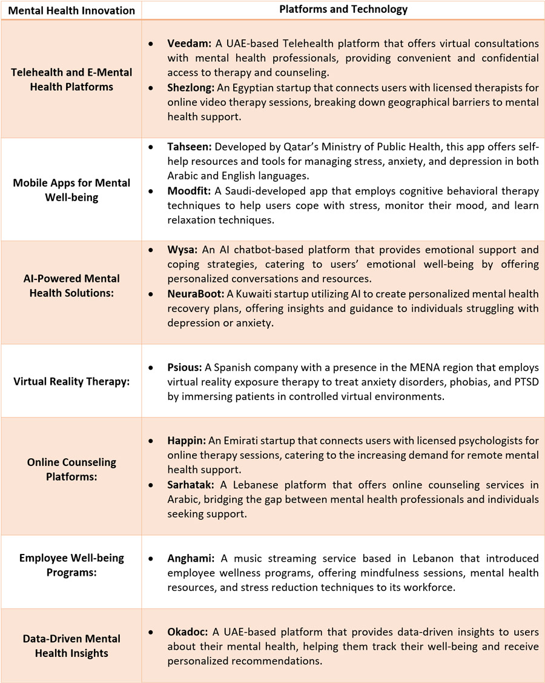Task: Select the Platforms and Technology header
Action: tap(343, 9)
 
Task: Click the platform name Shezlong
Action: tap(189, 87)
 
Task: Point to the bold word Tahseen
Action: tap(188, 148)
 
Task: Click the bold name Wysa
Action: tap(180, 250)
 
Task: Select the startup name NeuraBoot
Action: tap(196, 294)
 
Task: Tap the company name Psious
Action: tap(184, 368)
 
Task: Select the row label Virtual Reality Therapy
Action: tap(71, 382)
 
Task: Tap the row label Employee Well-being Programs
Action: tap(71, 565)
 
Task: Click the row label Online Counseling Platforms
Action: tap(71, 470)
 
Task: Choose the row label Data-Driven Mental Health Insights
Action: tap(71, 646)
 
